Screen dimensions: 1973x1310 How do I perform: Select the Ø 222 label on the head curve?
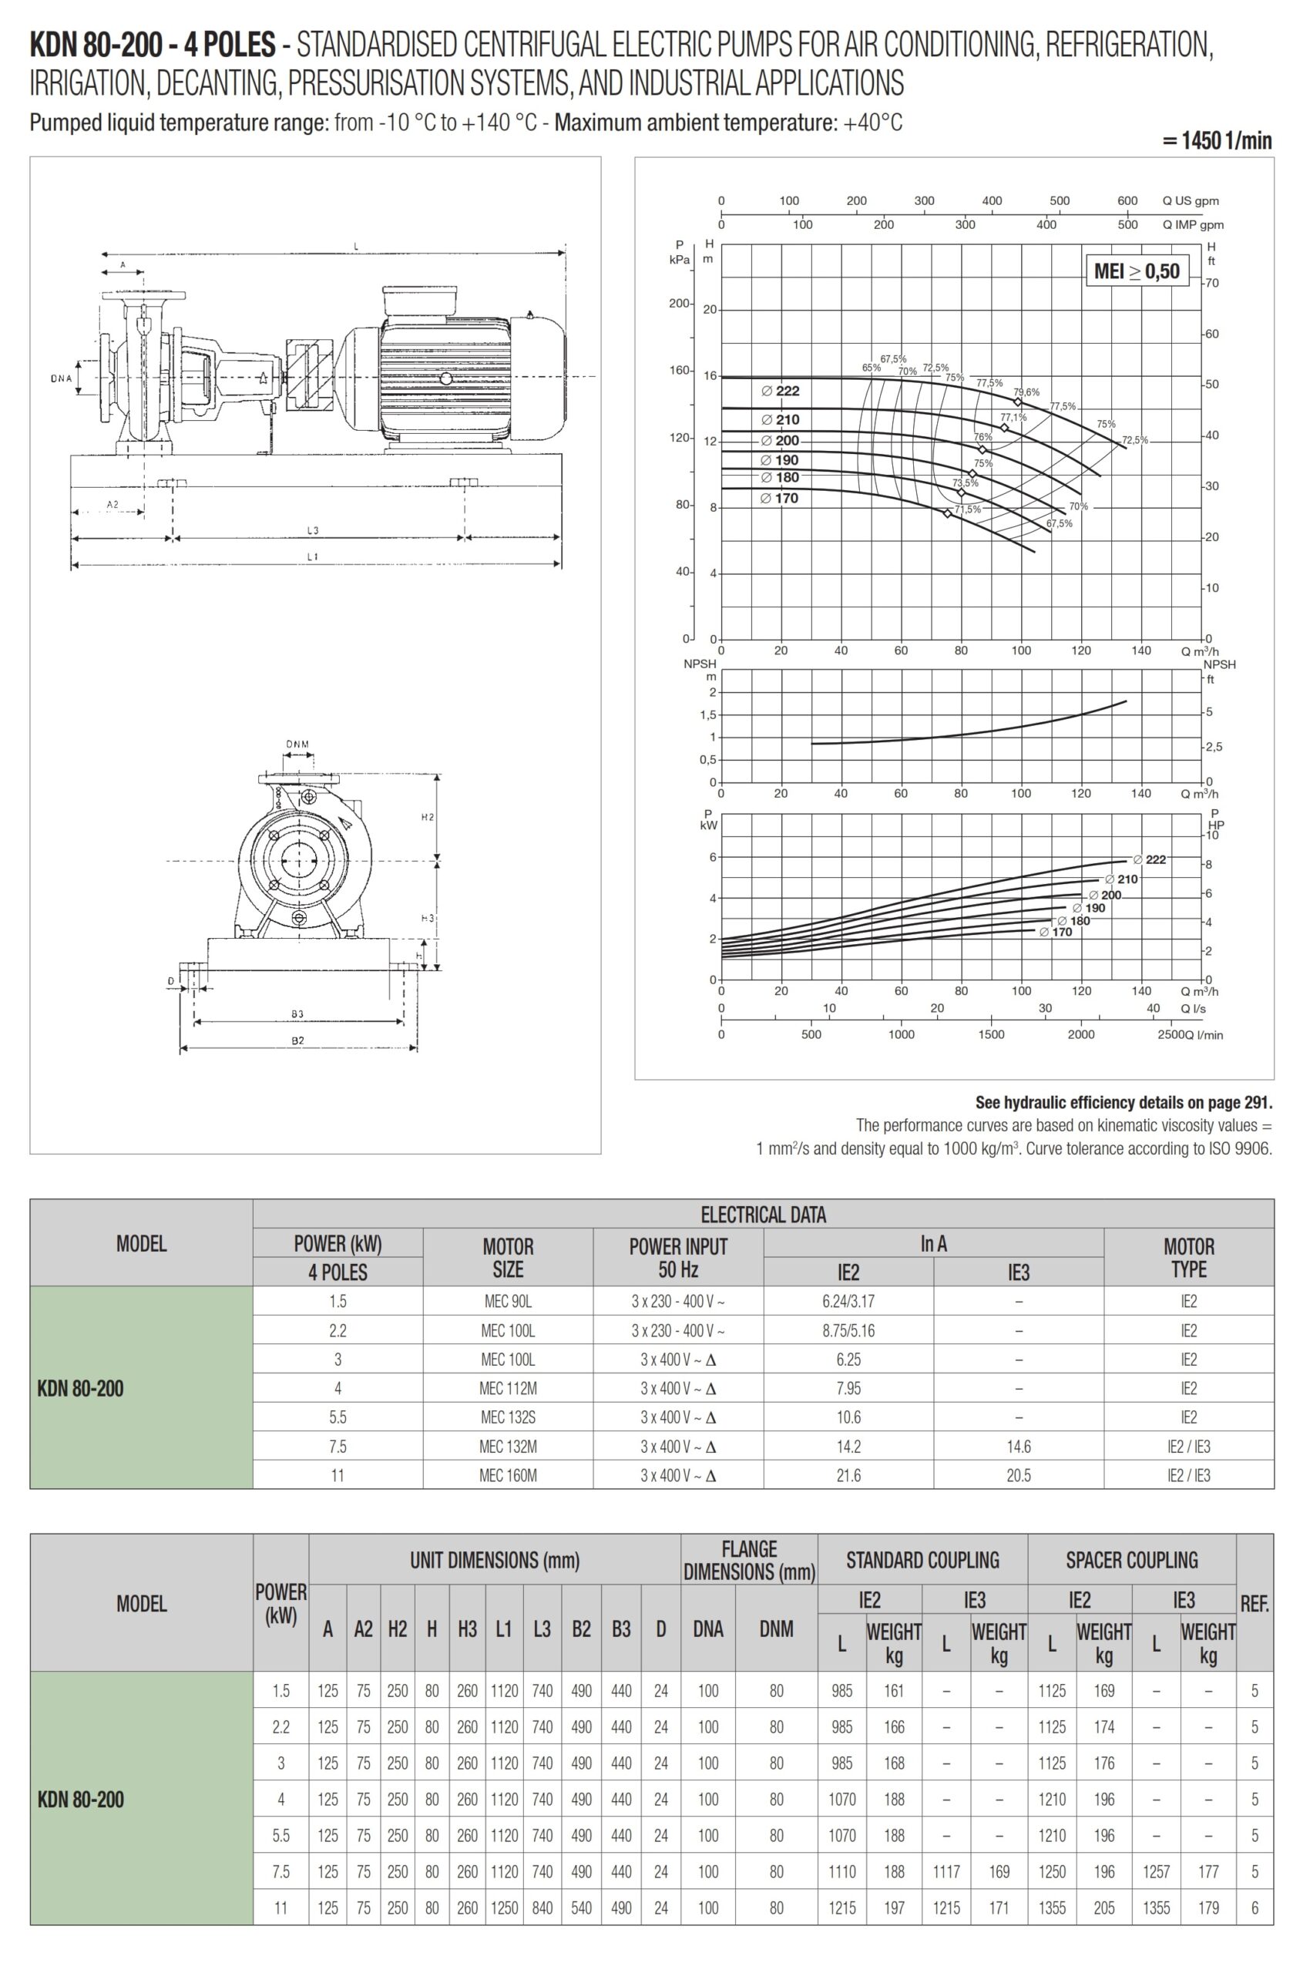(781, 390)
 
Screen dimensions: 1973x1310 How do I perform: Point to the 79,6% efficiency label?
(1026, 392)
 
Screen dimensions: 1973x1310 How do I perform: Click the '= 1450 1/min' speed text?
(1218, 140)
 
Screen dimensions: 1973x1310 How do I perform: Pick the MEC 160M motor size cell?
(508, 1475)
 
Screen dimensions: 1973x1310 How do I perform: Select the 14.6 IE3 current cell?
(1019, 1447)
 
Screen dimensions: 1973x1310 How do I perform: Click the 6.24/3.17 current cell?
(848, 1301)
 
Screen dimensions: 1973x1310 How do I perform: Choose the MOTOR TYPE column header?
(1188, 1257)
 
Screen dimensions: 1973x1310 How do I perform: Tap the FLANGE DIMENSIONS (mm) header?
(750, 1560)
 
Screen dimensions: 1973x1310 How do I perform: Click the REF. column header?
(1254, 1604)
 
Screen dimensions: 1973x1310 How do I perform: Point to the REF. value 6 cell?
(1254, 1907)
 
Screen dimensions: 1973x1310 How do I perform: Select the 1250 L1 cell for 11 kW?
(504, 1907)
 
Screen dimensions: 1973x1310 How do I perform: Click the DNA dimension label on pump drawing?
(60, 378)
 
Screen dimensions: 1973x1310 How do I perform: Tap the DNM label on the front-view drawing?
(297, 744)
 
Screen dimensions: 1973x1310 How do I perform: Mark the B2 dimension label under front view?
(297, 1040)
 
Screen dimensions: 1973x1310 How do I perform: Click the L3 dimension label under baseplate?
(312, 529)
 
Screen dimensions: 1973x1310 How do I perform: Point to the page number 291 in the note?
(1258, 1102)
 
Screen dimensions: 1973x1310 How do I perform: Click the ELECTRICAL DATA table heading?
(763, 1214)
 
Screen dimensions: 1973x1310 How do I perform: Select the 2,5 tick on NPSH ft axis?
(1213, 747)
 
